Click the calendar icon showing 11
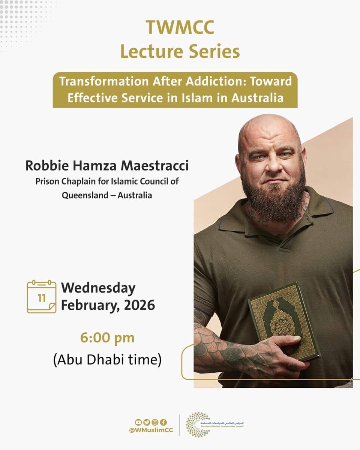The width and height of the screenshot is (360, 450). click(42, 297)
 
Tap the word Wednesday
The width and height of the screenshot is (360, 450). click(98, 288)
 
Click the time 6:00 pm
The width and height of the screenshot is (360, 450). click(107, 338)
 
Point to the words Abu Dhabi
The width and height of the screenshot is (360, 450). click(94, 360)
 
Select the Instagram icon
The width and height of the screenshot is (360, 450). click(155, 422)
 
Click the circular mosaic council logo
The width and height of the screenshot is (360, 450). click(198, 425)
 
